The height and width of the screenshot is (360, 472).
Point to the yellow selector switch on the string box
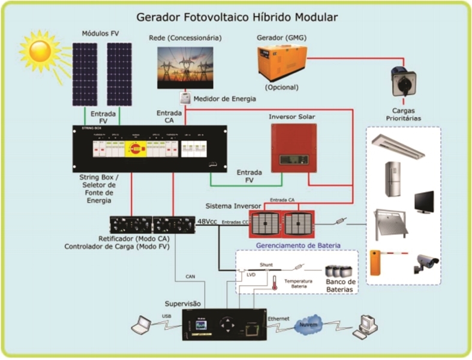pos(136,146)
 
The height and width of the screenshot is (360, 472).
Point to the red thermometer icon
pos(273,283)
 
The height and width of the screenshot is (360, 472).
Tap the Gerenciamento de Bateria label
pos(298,245)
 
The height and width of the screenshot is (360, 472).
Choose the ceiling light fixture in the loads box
pos(398,146)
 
